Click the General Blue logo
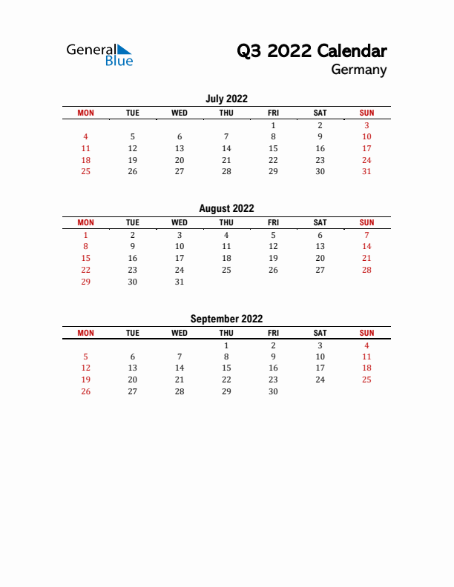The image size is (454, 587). click(99, 54)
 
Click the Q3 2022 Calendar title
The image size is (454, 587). click(312, 51)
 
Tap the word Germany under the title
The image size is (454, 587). click(359, 70)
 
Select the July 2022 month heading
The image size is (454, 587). click(226, 99)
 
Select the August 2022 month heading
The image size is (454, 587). click(226, 209)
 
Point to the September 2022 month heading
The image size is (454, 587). click(226, 319)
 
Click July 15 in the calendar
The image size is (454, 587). click(273, 148)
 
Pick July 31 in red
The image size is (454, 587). click(366, 172)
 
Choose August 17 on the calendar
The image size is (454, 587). click(180, 258)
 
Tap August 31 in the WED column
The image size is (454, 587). click(180, 282)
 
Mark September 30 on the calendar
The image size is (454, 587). click(273, 391)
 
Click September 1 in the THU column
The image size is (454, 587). click(226, 345)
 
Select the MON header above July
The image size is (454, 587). click(86, 113)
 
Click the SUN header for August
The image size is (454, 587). click(366, 222)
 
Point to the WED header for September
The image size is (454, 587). click(180, 333)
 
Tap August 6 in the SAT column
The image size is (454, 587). click(320, 235)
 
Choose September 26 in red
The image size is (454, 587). click(86, 391)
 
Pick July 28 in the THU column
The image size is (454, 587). click(226, 172)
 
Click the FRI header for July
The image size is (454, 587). click(273, 113)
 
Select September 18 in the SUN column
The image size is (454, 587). click(366, 368)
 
